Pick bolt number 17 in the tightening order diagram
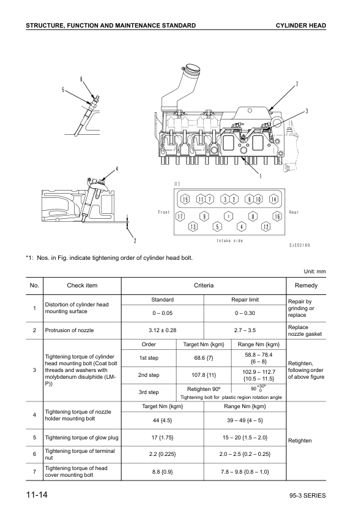pos(180,217)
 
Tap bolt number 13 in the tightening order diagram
pos(193,227)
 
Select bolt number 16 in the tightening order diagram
pos(277,217)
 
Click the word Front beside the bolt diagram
pos(163,212)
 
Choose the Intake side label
pos(229,241)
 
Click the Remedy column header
pos(306,286)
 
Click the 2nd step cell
pos(149,375)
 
